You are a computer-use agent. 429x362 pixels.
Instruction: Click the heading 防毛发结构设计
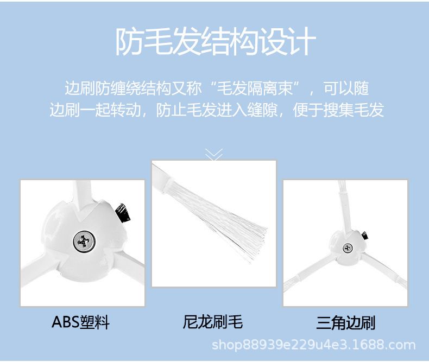[x=216, y=42]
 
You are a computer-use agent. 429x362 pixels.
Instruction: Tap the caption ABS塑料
[x=81, y=322]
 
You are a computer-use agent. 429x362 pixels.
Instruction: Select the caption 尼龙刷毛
[x=213, y=322]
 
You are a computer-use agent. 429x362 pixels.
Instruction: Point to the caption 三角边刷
[x=345, y=322]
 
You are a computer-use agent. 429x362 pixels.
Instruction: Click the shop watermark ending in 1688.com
[x=313, y=345]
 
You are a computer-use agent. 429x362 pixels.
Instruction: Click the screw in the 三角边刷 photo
[x=348, y=248]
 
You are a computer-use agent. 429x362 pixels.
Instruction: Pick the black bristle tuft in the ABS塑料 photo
[x=123, y=212]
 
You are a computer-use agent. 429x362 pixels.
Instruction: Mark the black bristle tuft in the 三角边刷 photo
[x=365, y=236]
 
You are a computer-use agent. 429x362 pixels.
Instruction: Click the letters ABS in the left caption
[x=65, y=322]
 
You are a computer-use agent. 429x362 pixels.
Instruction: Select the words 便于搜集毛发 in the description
[x=339, y=110]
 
